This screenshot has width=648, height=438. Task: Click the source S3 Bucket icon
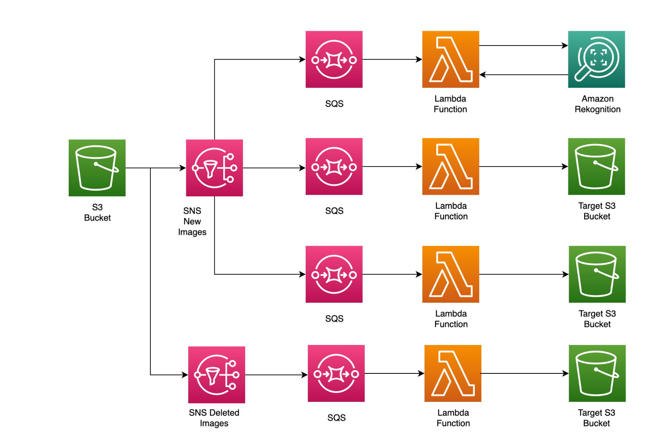coord(97,168)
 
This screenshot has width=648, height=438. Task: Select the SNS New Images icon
coord(214,168)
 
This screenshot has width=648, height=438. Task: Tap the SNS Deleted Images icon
coord(216,375)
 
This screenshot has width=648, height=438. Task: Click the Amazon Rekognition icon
coord(596,59)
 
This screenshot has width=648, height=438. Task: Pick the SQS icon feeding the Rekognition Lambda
coord(334,59)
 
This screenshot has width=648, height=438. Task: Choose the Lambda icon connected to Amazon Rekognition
coord(450,59)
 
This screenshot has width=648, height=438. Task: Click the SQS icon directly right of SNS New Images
coord(334,167)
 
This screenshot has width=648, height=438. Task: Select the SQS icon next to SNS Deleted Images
coord(336,373)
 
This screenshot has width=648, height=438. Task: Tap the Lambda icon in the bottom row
coord(452,373)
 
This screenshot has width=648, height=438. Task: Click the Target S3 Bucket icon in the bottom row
coord(597,373)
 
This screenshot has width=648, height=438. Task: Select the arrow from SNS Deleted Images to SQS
coord(276,375)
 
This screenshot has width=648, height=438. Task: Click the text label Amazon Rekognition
coord(597,104)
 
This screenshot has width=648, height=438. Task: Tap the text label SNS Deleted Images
coord(214,418)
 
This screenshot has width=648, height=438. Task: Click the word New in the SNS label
coord(192,221)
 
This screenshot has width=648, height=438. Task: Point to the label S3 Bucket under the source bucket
coord(97,212)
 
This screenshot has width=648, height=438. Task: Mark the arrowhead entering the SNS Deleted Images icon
coord(185,375)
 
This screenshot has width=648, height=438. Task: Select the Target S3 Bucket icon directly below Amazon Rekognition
coord(596,167)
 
